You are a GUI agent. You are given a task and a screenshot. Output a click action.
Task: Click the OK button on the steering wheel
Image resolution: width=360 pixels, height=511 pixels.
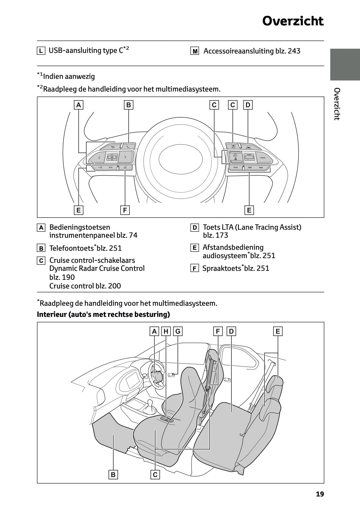click(x=112, y=157)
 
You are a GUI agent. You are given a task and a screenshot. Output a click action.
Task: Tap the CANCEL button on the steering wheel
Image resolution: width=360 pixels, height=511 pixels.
click(x=263, y=158)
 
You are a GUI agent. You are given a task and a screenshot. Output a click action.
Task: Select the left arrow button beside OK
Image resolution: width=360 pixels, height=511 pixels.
click(x=99, y=158)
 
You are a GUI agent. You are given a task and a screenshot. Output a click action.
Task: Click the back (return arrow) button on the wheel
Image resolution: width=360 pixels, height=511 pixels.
click(x=113, y=147)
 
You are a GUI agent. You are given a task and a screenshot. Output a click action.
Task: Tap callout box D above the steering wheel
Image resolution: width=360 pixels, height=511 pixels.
click(x=248, y=105)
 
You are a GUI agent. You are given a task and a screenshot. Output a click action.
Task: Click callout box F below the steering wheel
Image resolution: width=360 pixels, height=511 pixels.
click(x=125, y=210)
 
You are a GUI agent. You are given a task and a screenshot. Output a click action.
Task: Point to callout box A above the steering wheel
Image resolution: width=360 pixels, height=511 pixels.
click(x=79, y=105)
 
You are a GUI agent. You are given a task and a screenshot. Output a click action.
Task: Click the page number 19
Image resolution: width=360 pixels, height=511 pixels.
click(x=320, y=494)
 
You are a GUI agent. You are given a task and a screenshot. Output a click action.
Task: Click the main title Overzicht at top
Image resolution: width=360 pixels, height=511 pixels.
click(x=293, y=21)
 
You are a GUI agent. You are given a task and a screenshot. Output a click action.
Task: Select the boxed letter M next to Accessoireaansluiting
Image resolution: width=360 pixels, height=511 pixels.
click(x=195, y=51)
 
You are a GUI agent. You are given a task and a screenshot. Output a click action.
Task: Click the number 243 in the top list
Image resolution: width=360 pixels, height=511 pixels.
click(x=294, y=51)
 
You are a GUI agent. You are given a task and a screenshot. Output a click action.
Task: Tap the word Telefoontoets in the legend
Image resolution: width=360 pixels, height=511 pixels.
click(x=71, y=248)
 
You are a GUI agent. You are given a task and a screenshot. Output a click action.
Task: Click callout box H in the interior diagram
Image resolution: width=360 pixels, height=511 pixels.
click(x=166, y=331)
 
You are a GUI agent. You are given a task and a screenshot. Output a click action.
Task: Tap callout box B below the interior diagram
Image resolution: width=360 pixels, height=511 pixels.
click(x=113, y=475)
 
